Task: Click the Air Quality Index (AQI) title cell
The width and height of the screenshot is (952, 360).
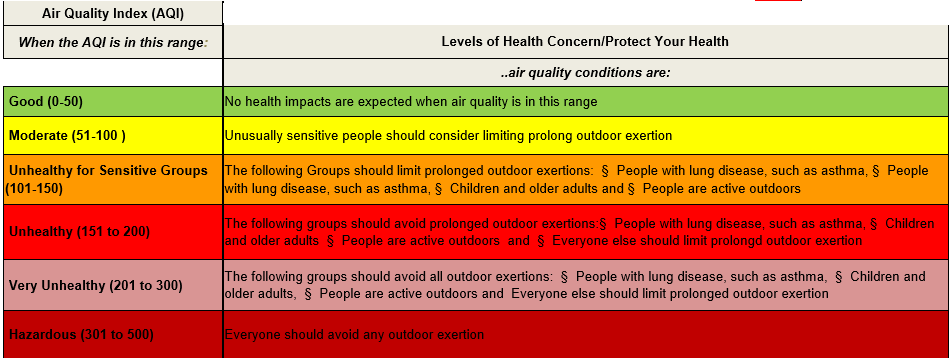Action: (113, 13)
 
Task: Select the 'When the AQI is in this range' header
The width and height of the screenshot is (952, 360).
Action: (113, 42)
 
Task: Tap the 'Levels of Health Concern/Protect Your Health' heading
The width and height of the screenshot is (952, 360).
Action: (585, 42)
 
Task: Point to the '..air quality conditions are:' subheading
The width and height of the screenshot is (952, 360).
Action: (585, 73)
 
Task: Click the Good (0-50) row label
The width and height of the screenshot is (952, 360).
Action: (46, 102)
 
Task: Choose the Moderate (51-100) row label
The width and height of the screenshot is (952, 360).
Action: (67, 135)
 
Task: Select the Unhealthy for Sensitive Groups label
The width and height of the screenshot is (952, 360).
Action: (108, 171)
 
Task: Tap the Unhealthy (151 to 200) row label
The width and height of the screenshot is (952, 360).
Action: (79, 231)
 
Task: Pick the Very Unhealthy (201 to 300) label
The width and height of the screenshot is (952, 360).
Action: (95, 285)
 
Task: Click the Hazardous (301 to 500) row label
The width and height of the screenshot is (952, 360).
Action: (81, 335)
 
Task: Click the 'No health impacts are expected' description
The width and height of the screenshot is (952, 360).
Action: (411, 102)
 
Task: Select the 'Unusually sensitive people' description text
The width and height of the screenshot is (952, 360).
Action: (448, 135)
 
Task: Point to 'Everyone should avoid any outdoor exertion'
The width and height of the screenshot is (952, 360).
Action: (354, 335)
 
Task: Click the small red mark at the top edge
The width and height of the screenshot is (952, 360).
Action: (778, 1)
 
